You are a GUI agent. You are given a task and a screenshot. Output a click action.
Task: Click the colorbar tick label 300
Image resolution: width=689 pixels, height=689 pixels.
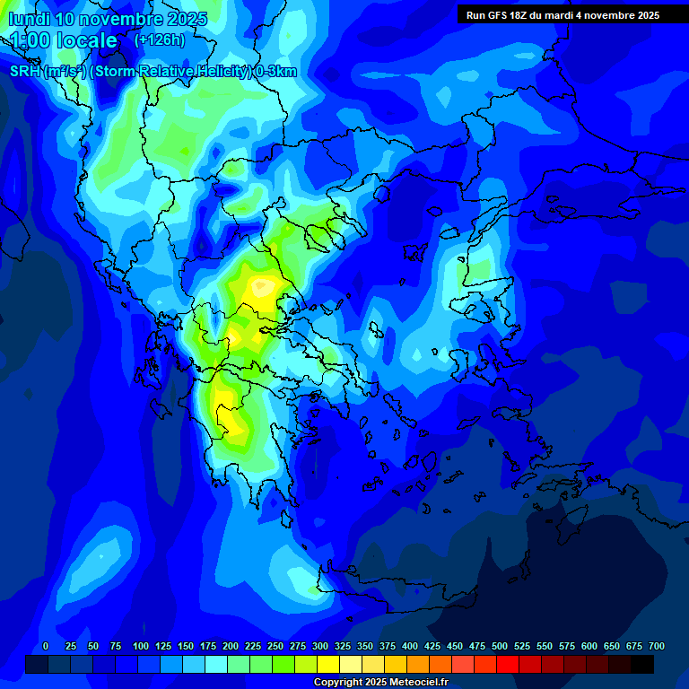[x=320, y=646]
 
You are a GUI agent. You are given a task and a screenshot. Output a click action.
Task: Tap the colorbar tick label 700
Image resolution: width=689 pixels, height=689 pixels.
[x=657, y=646]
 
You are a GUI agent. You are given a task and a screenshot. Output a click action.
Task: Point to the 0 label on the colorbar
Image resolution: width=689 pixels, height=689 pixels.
[x=46, y=646]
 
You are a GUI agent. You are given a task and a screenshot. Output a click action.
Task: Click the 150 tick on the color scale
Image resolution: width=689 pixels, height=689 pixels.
[x=186, y=646]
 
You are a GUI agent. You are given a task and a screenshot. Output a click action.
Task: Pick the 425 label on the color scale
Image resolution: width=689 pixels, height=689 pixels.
[x=432, y=646]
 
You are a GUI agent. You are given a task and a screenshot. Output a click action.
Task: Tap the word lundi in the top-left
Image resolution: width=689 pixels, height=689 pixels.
[x=28, y=19]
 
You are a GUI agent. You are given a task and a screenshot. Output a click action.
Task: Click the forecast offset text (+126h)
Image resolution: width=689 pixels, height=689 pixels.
[x=159, y=40]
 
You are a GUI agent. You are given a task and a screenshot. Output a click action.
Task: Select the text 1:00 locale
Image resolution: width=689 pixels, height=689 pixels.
[x=63, y=41]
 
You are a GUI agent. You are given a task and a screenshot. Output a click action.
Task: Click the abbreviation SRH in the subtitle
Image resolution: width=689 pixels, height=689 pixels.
[x=24, y=72]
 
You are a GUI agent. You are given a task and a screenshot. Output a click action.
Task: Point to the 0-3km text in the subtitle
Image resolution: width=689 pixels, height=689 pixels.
[x=275, y=72]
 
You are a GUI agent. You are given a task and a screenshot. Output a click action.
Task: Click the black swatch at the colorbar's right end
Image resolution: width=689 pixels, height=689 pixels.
[x=642, y=664]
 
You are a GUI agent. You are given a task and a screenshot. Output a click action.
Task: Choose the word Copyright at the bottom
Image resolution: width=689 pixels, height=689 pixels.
[x=339, y=683]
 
